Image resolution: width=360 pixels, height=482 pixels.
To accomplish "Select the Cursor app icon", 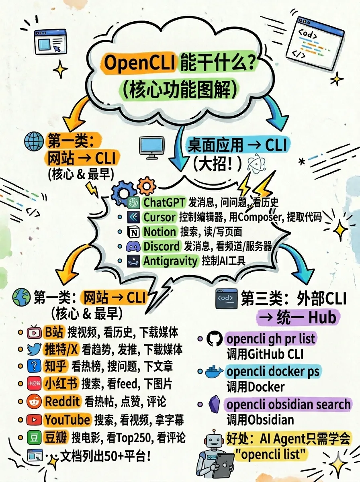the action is tap(133, 217).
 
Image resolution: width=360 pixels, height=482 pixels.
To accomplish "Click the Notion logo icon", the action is tap(133, 232).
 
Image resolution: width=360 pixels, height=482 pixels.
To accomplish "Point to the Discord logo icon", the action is tap(133, 246).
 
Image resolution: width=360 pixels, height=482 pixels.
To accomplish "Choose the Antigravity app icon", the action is tap(133, 261).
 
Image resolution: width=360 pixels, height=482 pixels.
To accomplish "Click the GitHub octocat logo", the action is tap(214, 340).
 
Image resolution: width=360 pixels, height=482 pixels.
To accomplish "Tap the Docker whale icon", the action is tap(214, 372).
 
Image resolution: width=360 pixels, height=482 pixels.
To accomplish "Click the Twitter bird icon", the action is tap(34, 349).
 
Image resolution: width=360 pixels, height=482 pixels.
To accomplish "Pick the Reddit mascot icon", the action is tap(34, 401).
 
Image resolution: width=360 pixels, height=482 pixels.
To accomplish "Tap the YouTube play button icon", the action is tap(34, 420).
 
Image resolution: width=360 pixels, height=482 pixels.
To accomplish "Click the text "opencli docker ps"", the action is tap(273, 371).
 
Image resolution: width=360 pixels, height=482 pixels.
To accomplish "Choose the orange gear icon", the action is tap(146, 186).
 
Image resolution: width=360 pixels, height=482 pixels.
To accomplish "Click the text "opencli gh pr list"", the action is tap(271, 339).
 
